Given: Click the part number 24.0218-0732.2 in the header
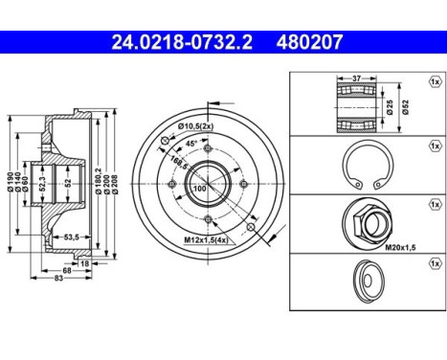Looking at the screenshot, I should (168, 42).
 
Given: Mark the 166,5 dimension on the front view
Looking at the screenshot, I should (175, 161).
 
